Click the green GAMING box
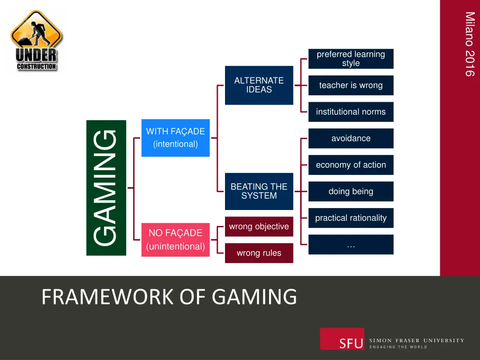click(106, 187)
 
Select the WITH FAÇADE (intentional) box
click(175, 138)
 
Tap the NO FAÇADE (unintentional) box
click(175, 240)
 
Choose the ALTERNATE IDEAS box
click(259, 85)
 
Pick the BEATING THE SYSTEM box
click(259, 191)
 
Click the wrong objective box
click(259, 226)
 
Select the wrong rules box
click(259, 253)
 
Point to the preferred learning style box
click(351, 59)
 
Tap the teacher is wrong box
click(351, 85)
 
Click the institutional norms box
click(351, 112)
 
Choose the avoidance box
click(351, 138)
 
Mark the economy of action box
click(351, 165)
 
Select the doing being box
click(351, 191)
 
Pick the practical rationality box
click(351, 218)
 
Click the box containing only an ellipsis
click(351, 245)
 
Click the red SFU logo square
click(342, 339)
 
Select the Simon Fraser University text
click(417, 340)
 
